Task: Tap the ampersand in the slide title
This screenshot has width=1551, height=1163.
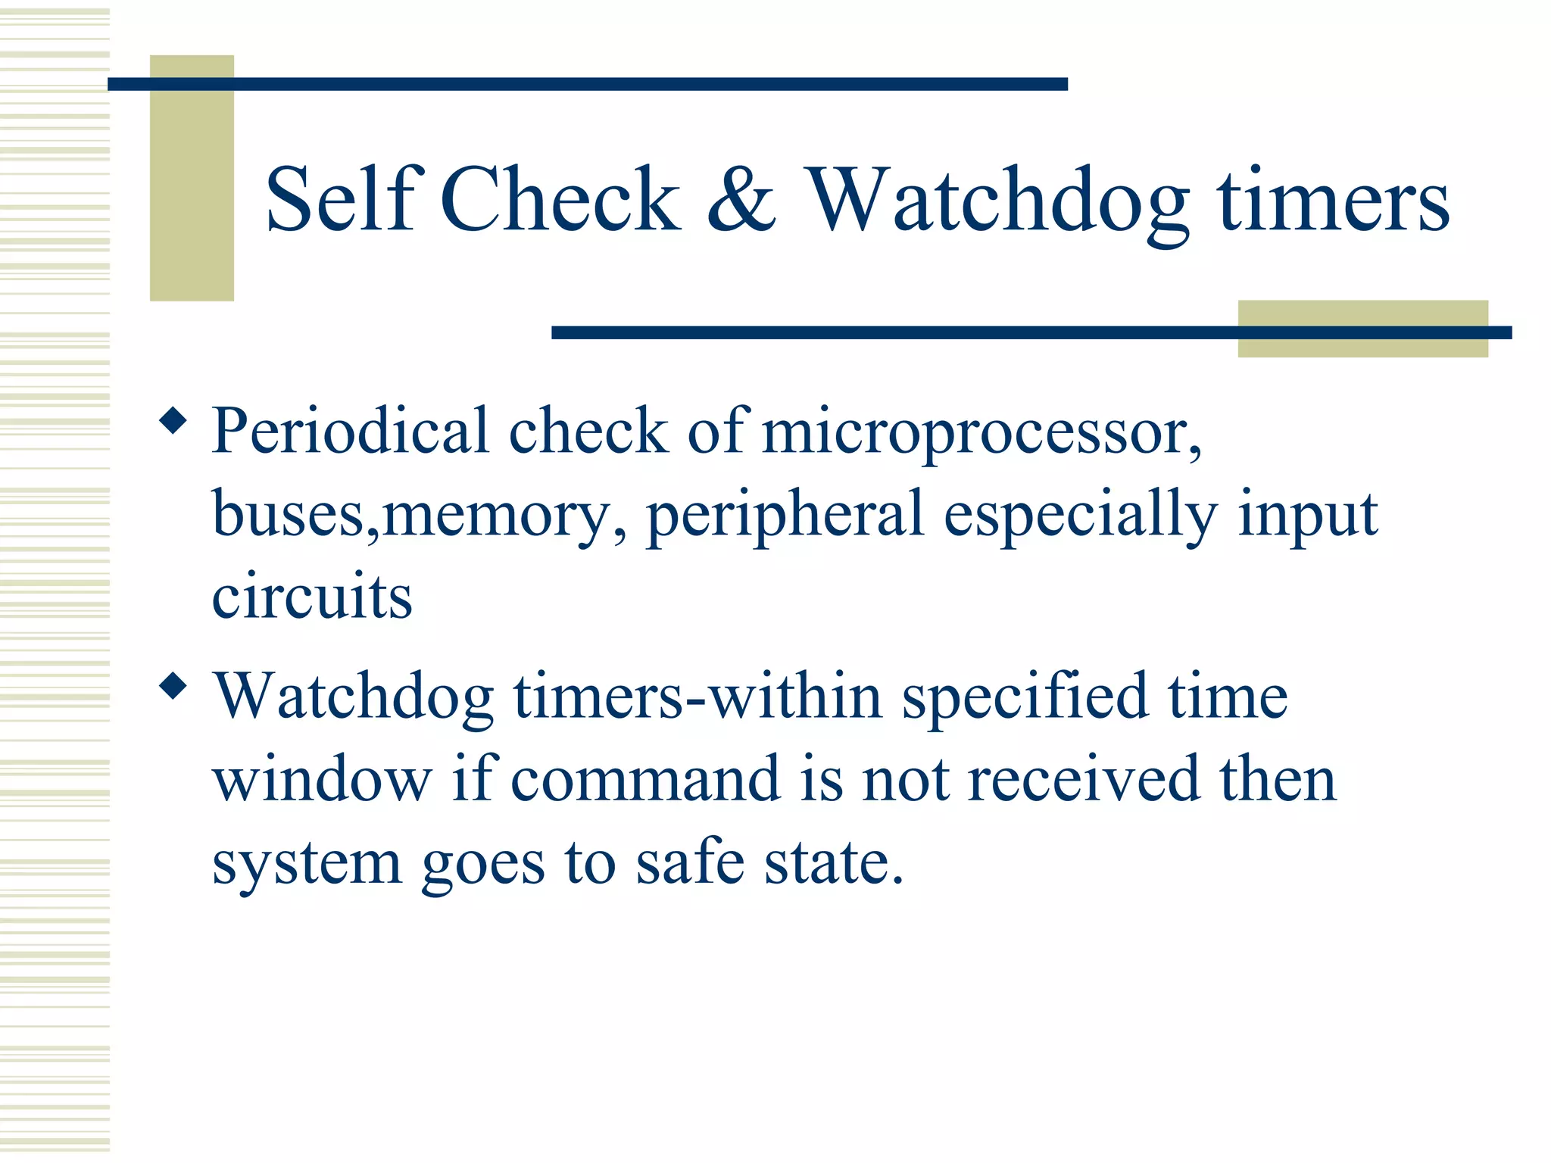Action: click(741, 200)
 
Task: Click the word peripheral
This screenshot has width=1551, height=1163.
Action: click(785, 516)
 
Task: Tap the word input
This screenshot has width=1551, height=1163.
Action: click(1308, 516)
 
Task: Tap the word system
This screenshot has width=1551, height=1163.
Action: click(307, 863)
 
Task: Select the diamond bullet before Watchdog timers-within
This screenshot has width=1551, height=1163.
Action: click(173, 685)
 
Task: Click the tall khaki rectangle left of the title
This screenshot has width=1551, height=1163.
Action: click(192, 178)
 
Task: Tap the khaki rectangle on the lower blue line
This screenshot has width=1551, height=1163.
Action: click(1362, 329)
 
